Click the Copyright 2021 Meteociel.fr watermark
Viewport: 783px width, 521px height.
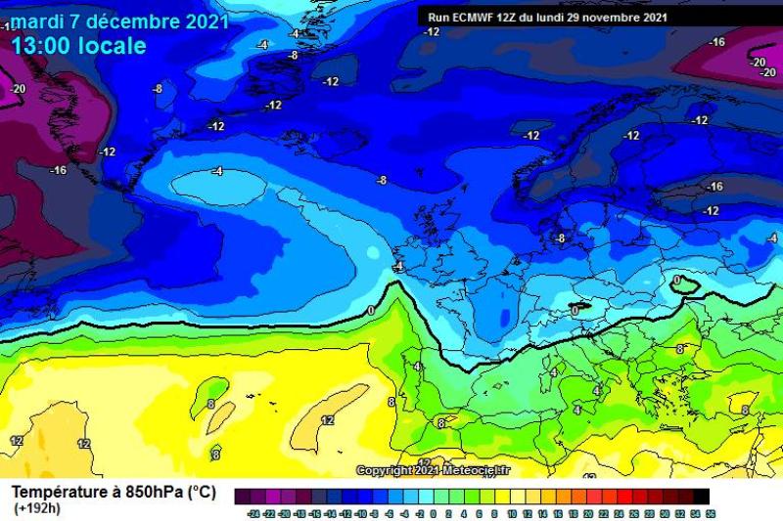pyautogui.click(x=433, y=470)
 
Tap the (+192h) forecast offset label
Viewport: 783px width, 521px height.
pyautogui.click(x=34, y=508)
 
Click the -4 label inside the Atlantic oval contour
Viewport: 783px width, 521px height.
pyautogui.click(x=217, y=171)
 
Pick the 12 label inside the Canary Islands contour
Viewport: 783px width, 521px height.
pyautogui.click(x=328, y=420)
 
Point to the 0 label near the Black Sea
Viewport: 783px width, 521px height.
pyautogui.click(x=677, y=280)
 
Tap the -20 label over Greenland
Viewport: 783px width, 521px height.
pyautogui.click(x=18, y=88)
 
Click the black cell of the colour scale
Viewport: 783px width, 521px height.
pyautogui.click(x=701, y=497)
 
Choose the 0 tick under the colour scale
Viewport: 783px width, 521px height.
pyautogui.click(x=435, y=512)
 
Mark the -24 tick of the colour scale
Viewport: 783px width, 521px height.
pyautogui.click(x=253, y=512)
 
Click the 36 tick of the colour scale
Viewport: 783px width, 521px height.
pyautogui.click(x=709, y=512)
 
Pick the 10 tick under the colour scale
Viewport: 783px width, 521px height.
pyautogui.click(x=511, y=512)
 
